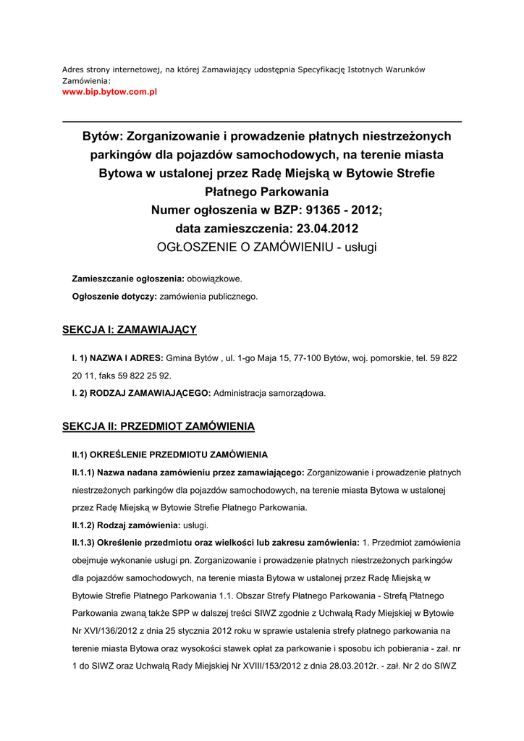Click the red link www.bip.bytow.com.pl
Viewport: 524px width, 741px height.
(x=109, y=93)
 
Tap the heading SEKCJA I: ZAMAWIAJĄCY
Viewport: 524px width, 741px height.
(x=130, y=330)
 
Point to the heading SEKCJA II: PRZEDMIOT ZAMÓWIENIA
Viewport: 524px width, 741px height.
(x=159, y=426)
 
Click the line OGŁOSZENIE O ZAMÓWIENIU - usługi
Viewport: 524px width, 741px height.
(x=267, y=247)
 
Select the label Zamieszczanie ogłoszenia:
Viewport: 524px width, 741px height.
(x=128, y=279)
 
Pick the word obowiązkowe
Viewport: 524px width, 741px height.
(x=215, y=279)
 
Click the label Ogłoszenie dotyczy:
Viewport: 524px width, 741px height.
(x=114, y=296)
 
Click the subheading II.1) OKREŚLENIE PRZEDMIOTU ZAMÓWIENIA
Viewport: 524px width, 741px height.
(x=169, y=455)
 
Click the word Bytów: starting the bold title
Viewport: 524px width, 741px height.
(x=103, y=136)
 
